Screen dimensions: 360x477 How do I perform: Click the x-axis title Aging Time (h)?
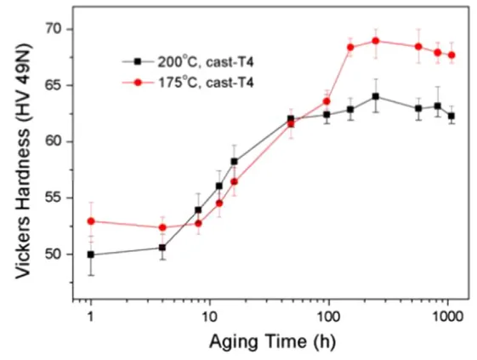click(x=268, y=341)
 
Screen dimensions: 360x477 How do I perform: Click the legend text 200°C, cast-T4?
click(x=205, y=63)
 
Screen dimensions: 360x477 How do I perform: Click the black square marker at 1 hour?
click(x=91, y=254)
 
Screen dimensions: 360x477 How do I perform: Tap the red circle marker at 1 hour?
click(x=91, y=221)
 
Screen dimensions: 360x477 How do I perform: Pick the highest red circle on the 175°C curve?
click(x=375, y=40)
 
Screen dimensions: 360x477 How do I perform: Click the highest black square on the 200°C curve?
click(x=375, y=96)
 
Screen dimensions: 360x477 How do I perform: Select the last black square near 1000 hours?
click(x=451, y=116)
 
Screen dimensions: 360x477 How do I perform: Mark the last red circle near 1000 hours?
click(x=451, y=54)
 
